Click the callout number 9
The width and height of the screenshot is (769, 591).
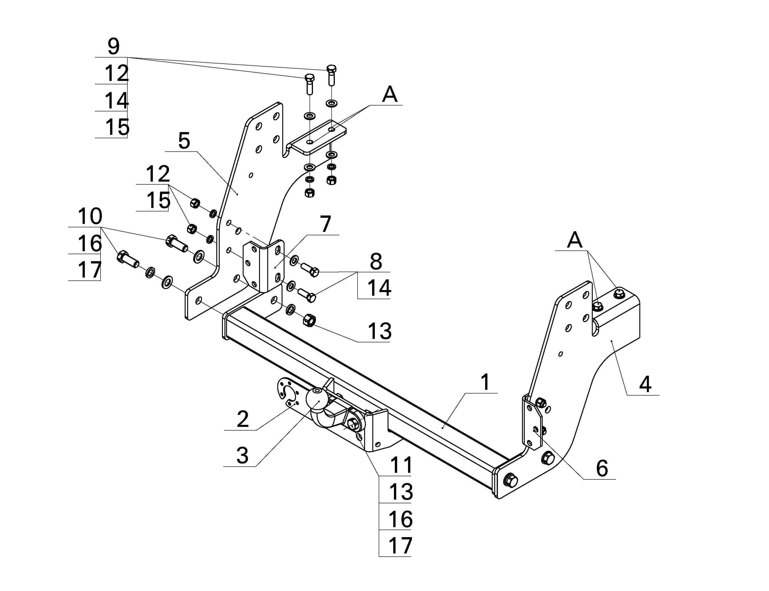(113, 47)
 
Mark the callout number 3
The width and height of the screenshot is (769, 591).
(242, 456)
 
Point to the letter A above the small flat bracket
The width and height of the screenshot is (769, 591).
(390, 94)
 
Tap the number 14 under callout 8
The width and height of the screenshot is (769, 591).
(379, 288)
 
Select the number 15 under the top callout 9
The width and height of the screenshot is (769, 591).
(117, 127)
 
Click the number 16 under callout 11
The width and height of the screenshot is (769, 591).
(401, 519)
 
